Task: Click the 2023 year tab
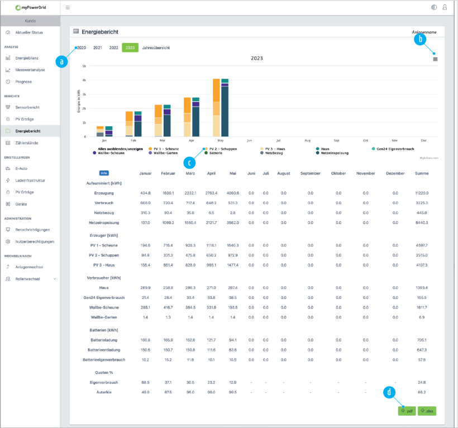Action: coord(130,48)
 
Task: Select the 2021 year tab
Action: coord(98,48)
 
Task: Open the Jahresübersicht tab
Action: coord(156,48)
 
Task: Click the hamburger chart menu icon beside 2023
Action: coord(435,59)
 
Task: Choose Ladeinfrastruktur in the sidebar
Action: coord(31,180)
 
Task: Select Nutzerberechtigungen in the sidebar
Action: coord(35,241)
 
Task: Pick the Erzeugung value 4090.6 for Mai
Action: coord(233,192)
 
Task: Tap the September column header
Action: coord(310,173)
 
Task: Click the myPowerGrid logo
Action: coord(31,8)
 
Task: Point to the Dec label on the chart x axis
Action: coord(423,140)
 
